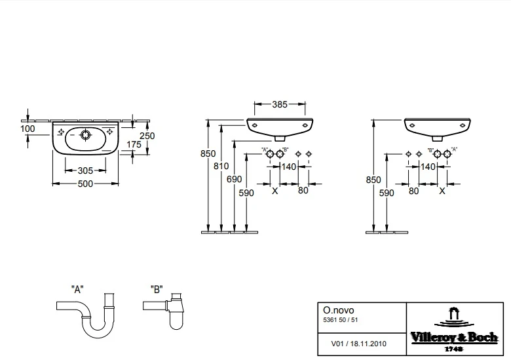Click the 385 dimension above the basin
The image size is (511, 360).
(280, 104)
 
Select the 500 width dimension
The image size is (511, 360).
(85, 184)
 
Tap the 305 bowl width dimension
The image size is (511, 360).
(85, 170)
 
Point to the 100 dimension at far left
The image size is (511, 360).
(28, 129)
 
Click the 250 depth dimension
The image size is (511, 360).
(147, 136)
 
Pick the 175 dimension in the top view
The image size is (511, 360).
(134, 144)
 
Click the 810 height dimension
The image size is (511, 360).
(221, 167)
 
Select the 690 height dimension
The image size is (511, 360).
(235, 180)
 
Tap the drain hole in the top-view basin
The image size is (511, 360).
(86, 134)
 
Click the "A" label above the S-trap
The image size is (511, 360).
(77, 289)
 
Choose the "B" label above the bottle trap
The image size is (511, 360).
(157, 289)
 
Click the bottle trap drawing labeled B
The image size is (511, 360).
(165, 311)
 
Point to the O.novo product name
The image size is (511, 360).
(338, 310)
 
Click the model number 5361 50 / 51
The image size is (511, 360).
(340, 320)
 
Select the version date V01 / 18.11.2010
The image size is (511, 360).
(358, 344)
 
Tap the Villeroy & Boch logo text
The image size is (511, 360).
(454, 337)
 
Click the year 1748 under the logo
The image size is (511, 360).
(454, 349)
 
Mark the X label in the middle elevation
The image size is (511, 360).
(274, 191)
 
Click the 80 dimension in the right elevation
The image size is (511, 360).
(413, 191)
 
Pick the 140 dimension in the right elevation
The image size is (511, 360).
(428, 167)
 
